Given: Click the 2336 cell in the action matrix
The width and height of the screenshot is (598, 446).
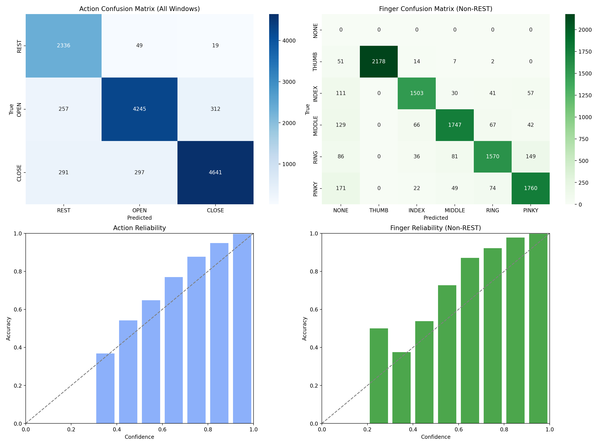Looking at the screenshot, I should (x=64, y=46).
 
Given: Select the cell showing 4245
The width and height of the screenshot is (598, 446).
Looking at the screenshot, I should (x=139, y=109).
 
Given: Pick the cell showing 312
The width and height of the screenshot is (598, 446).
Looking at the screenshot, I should (x=215, y=109).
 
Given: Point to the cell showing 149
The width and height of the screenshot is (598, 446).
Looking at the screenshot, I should (x=530, y=157).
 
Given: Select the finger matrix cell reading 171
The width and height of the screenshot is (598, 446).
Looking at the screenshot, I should (x=341, y=188).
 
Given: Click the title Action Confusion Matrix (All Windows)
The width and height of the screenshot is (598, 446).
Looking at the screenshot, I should (x=139, y=9).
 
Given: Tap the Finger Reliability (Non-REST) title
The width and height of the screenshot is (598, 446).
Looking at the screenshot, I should (x=436, y=228).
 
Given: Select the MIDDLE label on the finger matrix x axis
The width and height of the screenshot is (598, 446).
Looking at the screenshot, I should (x=455, y=211).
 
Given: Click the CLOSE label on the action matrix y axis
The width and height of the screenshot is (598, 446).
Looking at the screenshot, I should (x=19, y=173).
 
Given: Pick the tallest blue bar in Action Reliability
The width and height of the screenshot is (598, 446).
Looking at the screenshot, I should (x=242, y=329).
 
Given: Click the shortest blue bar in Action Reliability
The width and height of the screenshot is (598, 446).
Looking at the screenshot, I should (x=105, y=388).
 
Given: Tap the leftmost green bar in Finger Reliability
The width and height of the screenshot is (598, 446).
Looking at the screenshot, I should (x=379, y=376).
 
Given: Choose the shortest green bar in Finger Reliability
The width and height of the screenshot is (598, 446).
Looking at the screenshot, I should (x=401, y=388).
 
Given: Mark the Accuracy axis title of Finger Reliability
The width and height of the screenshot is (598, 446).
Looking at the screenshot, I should (x=305, y=329).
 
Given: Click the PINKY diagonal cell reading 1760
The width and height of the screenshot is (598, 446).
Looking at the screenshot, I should (x=530, y=188).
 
